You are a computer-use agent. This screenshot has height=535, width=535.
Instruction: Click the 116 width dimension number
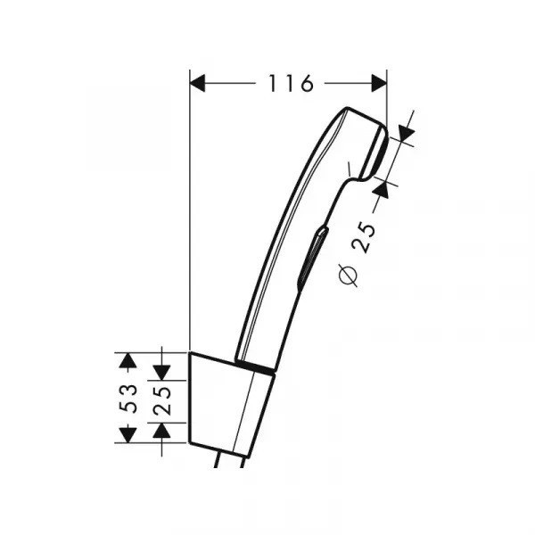coord(291,84)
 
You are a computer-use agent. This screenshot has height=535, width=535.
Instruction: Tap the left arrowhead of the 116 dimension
coord(198,84)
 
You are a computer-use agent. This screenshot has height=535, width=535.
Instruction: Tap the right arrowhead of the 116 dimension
coord(379,84)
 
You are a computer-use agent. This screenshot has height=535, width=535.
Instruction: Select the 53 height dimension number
coord(129,398)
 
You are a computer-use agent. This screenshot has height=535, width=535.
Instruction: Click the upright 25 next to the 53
coord(162,398)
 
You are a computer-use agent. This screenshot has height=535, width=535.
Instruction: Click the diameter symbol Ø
coord(350,276)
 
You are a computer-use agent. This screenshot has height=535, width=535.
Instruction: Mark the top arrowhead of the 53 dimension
coord(129,361)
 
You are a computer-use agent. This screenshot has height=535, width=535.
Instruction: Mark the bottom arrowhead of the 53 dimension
coord(129,433)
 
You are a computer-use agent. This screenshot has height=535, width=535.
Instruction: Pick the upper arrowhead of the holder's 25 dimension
coord(162,366)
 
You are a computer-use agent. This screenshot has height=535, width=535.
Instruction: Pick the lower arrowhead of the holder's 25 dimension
coord(162,431)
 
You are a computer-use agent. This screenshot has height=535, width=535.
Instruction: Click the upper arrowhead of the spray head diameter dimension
coord(406,134)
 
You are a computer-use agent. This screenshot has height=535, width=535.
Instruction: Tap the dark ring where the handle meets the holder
coord(257,367)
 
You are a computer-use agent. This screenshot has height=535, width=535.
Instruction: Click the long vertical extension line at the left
coord(190,223)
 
